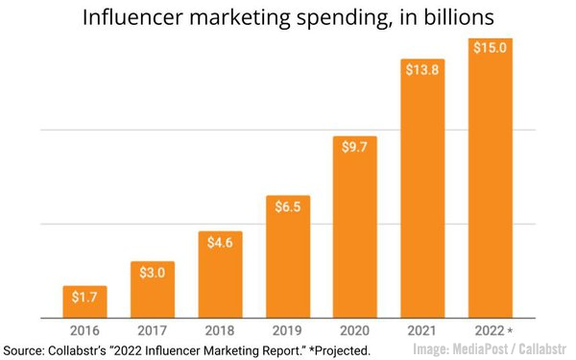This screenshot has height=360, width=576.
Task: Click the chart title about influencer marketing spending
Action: click(288, 17)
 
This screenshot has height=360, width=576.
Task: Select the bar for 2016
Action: click(84, 301)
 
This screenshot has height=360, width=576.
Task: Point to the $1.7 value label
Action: click(84, 298)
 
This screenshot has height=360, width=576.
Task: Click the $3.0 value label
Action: click(152, 274)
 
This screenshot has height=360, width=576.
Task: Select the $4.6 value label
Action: click(220, 244)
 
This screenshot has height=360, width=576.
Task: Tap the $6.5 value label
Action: click(287, 208)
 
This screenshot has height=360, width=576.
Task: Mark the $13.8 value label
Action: click(422, 72)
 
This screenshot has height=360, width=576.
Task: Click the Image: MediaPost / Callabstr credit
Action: click(491, 349)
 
